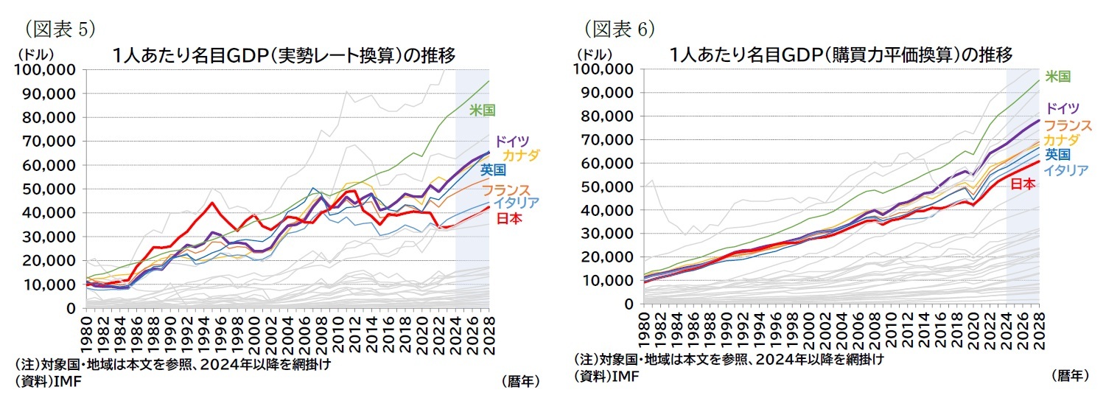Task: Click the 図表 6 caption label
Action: (x=619, y=29)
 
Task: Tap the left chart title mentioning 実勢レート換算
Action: (x=283, y=55)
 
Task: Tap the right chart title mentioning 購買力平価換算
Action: (x=841, y=55)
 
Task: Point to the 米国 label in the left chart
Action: (x=482, y=110)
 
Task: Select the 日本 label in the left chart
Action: (x=507, y=219)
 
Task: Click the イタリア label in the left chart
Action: (x=516, y=203)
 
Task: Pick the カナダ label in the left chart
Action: (x=520, y=156)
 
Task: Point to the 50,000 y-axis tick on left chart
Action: (x=49, y=189)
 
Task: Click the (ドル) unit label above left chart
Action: (x=32, y=54)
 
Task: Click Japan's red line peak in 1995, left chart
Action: (x=211, y=203)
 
